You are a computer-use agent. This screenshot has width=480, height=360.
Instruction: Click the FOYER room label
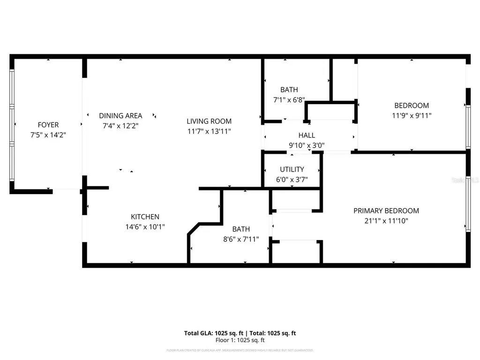coord(48,125)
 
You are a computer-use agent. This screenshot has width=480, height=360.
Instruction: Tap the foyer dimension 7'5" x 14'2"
coord(48,135)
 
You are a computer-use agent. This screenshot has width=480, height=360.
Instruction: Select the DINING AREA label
coord(120,115)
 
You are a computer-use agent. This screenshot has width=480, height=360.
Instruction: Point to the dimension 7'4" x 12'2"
coord(120,126)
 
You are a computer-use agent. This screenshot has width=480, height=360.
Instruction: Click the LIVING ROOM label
coord(209,121)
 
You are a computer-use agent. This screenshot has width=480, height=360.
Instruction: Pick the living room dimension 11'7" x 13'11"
coord(209,131)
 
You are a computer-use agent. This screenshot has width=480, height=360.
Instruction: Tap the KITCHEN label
coord(145,217)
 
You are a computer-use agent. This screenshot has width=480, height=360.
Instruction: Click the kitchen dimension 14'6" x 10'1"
coord(145,227)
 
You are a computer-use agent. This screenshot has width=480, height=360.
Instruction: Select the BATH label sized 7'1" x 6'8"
coord(289,90)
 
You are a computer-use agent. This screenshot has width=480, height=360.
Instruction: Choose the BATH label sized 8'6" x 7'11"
coord(241,229)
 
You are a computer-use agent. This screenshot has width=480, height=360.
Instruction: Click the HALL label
coord(307,135)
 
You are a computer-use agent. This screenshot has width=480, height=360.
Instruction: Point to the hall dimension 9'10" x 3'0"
coord(307,145)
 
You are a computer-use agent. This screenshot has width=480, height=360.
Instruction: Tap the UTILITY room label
coord(292,169)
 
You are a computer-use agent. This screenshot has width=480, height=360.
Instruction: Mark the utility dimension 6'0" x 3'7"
coord(292,180)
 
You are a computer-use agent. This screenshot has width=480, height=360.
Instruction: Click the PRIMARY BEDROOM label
coord(386,210)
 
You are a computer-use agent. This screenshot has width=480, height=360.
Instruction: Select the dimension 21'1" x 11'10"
coord(386,221)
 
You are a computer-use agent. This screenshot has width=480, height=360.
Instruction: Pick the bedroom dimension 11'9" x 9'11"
coord(412,115)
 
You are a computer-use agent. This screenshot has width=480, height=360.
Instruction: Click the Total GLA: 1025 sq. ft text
coord(211,333)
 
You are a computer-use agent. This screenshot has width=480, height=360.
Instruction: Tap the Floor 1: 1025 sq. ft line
coord(240,340)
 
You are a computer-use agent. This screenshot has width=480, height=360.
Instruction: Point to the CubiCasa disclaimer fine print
coord(240,350)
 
